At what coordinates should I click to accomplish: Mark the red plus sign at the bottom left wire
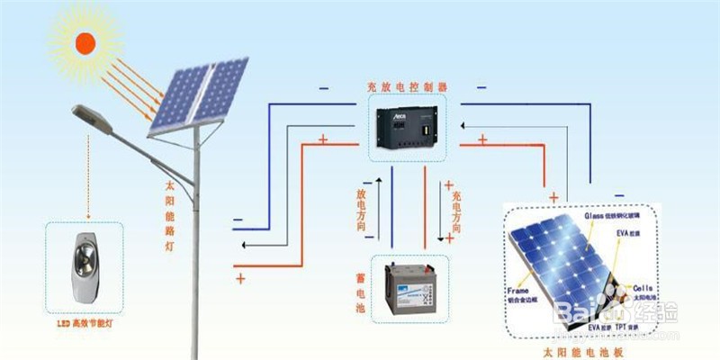point(240,280)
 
